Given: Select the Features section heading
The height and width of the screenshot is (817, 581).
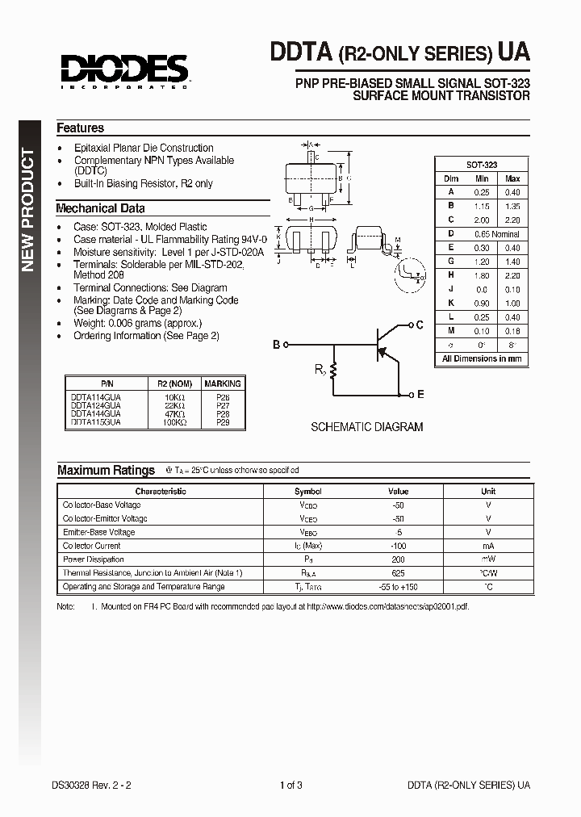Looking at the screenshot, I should [x=80, y=128].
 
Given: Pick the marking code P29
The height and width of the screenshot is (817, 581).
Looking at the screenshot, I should [x=222, y=421].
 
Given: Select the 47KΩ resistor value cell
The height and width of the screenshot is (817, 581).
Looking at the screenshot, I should [x=174, y=413].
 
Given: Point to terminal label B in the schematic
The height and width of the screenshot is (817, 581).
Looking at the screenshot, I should [x=276, y=345].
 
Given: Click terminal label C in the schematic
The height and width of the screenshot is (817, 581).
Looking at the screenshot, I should [x=419, y=325].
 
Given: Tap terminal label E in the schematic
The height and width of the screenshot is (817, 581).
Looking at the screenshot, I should [x=420, y=395].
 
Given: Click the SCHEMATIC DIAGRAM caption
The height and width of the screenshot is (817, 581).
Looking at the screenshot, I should [x=366, y=427].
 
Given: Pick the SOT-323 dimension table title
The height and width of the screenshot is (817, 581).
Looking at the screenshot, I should [x=481, y=164].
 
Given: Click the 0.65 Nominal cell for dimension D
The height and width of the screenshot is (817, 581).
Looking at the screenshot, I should [x=500, y=233].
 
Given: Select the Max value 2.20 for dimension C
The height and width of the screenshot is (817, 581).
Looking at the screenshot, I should [x=512, y=220].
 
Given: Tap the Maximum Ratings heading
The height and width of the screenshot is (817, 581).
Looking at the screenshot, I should [x=106, y=470].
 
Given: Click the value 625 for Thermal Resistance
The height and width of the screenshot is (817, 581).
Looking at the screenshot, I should [x=398, y=573].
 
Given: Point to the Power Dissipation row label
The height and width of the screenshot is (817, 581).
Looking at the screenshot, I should [x=94, y=559].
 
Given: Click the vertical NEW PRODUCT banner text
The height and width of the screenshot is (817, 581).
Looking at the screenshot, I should [x=27, y=210].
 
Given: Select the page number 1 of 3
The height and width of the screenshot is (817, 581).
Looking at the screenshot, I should [x=290, y=785].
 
